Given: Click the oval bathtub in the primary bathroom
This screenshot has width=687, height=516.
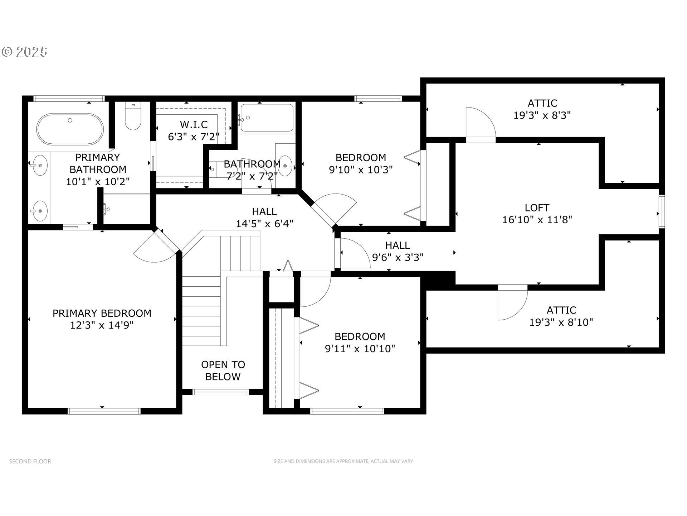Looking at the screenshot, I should (x=70, y=129).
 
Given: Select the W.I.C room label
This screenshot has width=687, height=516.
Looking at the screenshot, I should (x=194, y=124).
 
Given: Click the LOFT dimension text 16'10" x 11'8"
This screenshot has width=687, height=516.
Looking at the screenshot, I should (x=537, y=220).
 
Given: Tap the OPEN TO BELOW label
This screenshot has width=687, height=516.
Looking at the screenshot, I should (x=223, y=371).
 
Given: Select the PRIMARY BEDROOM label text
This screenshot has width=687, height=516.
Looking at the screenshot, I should (x=102, y=313).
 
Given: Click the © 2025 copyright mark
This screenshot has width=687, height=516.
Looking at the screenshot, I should (x=24, y=52).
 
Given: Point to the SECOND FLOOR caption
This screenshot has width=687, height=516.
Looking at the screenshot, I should (x=30, y=461).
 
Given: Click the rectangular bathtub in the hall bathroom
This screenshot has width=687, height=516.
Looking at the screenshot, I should (x=267, y=118).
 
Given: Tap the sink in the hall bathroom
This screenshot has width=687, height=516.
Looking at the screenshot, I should (x=285, y=166).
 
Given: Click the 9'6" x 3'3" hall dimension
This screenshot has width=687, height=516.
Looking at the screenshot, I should (x=398, y=257).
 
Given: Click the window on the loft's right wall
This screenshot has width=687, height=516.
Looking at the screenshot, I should (x=662, y=211).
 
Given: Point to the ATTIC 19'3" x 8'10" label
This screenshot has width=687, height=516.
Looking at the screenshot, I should (x=561, y=316).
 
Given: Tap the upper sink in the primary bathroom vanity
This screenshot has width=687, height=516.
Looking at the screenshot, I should (x=40, y=165).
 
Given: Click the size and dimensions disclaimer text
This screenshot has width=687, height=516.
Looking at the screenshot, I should (x=343, y=461).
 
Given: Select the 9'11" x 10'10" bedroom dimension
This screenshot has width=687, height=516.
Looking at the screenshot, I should (x=360, y=348).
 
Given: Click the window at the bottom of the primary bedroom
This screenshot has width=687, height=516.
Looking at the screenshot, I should (x=104, y=411).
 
